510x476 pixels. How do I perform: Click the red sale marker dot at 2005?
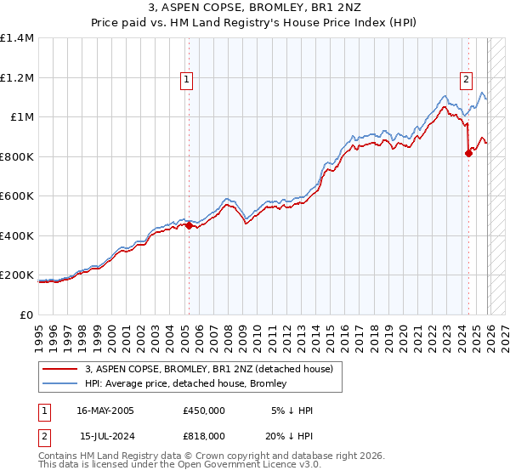[189, 225]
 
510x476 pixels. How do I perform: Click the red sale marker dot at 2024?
[468, 153]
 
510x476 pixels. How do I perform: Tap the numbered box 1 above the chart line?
[186, 81]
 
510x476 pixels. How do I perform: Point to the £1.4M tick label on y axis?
[17, 38]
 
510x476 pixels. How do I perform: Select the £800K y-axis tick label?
[17, 156]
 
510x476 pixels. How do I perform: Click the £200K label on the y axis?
[17, 275]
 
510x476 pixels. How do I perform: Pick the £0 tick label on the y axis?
[27, 315]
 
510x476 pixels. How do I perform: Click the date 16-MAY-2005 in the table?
[105, 411]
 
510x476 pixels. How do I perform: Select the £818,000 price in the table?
[203, 435]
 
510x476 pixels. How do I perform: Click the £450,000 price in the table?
[203, 411]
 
